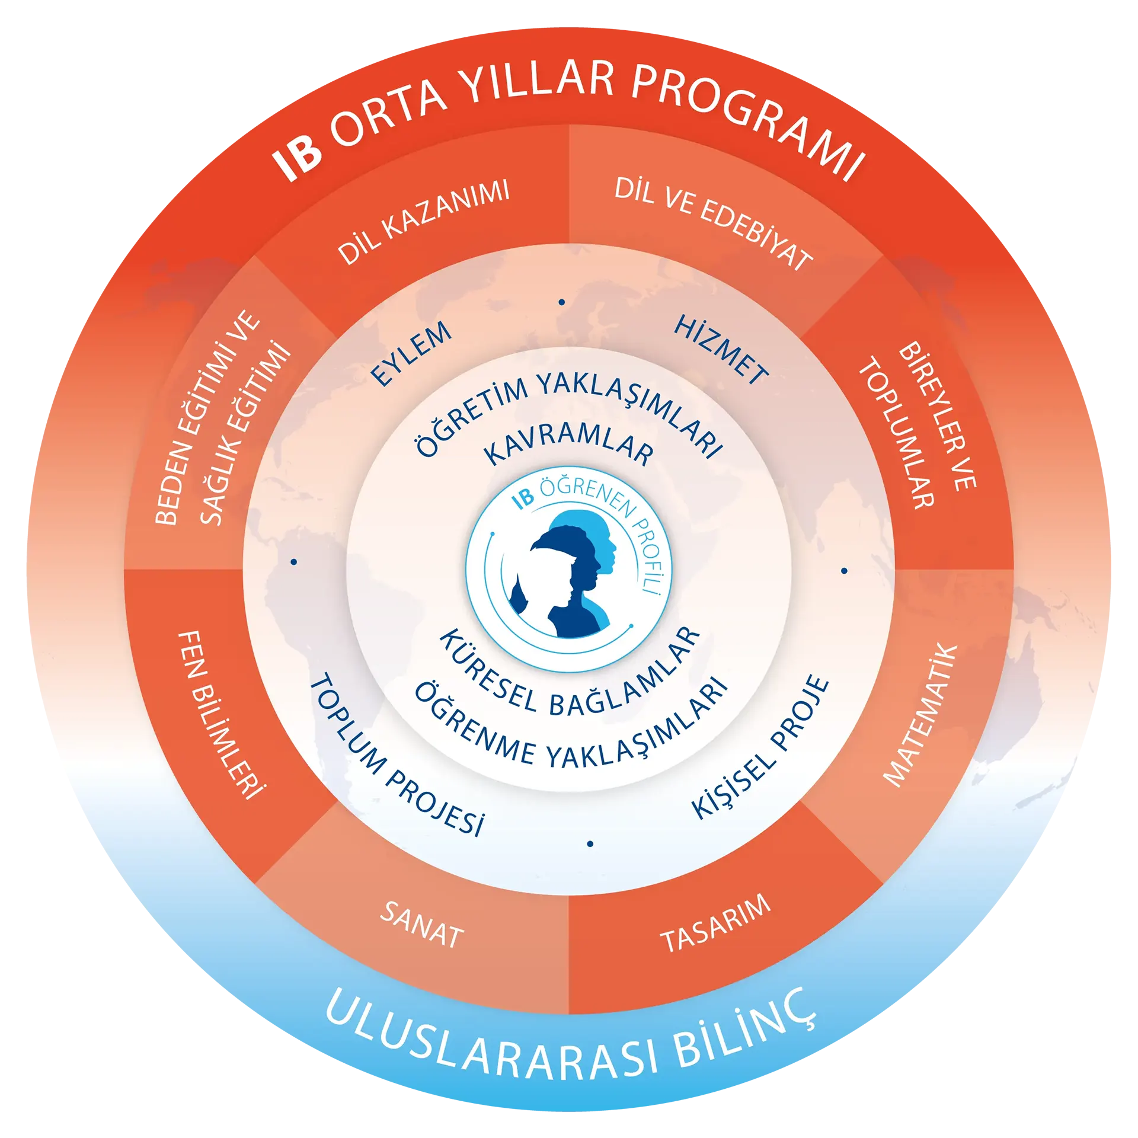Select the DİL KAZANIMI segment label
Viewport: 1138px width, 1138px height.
tap(423, 222)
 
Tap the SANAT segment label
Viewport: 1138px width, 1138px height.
tap(421, 925)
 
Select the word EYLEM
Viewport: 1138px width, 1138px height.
tap(411, 354)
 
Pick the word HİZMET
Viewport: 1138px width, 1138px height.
tap(721, 350)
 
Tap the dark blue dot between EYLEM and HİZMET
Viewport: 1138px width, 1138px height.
tap(562, 302)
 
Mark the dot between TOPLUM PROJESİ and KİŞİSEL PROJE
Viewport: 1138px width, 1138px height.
tap(590, 844)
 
